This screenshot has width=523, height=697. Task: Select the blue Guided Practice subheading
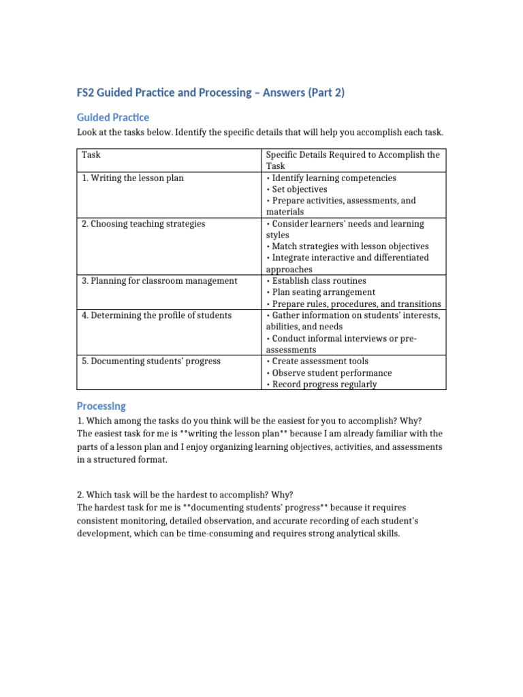(112, 117)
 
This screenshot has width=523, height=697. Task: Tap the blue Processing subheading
(101, 406)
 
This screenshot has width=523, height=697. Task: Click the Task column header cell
(91, 155)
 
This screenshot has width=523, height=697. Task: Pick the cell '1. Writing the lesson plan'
(132, 178)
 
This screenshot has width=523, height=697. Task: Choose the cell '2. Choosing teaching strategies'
(143, 224)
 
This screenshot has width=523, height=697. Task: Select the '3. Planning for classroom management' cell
(159, 281)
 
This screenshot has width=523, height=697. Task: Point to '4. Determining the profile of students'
(157, 315)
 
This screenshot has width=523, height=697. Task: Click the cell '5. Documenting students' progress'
(150, 361)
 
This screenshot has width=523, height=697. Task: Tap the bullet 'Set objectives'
(299, 189)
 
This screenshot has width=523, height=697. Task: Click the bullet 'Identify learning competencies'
(334, 178)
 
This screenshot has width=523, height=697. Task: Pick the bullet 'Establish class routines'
(319, 281)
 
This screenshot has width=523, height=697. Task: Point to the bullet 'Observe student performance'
(332, 373)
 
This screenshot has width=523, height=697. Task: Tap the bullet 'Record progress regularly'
(323, 385)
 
